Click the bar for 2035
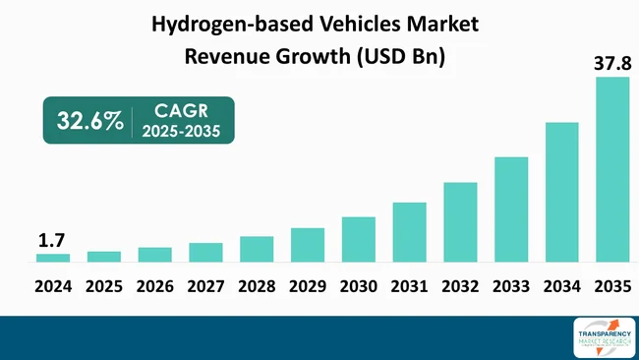click(x=612, y=169)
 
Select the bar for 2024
click(x=53, y=258)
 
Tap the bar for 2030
click(x=359, y=239)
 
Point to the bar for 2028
click(x=257, y=249)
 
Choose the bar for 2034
click(x=562, y=192)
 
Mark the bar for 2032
click(x=460, y=222)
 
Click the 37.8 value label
click(x=611, y=64)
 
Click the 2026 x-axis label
click(x=155, y=288)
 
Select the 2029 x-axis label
click(x=308, y=288)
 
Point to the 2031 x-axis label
click(x=410, y=288)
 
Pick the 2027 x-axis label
click(x=205, y=288)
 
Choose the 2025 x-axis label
click(x=104, y=288)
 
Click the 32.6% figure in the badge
click(x=89, y=121)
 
